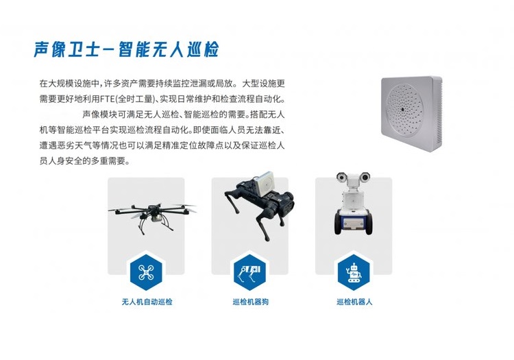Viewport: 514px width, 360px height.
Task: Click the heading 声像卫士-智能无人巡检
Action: point(126,50)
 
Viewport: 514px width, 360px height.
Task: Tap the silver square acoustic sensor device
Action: point(412,113)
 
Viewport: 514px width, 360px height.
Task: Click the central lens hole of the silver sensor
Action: point(402,109)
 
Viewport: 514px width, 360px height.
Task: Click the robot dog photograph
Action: point(259,206)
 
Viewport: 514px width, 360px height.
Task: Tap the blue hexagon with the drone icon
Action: point(146,272)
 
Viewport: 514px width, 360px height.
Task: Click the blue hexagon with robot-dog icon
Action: point(249,272)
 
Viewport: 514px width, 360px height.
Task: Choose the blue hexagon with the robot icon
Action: point(354,272)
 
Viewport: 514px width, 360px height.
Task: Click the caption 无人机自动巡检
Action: point(147,302)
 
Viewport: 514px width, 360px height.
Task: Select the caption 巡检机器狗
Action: point(250,302)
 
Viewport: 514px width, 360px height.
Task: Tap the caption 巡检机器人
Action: point(354,302)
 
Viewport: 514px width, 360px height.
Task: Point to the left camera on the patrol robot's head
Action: point(342,177)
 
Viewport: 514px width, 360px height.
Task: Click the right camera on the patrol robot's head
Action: point(365,177)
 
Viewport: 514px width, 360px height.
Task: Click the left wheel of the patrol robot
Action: point(338,224)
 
